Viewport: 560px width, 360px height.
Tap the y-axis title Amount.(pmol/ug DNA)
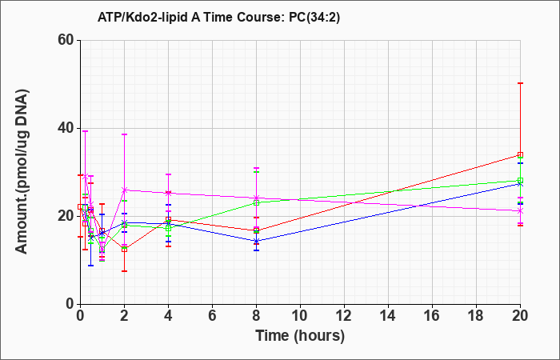point(22,171)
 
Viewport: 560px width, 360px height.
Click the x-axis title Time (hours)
point(300,336)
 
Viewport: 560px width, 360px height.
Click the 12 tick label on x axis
point(344,316)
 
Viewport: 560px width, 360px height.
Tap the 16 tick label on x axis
point(432,316)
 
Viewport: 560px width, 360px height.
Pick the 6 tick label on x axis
point(212,316)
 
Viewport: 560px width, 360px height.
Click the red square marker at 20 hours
point(520,154)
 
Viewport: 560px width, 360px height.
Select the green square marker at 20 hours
point(520,180)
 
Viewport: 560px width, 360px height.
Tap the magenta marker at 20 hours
point(520,211)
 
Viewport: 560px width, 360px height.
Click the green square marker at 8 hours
point(256,202)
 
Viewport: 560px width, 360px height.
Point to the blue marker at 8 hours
point(256,241)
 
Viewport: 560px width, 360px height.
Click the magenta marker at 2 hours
point(124,190)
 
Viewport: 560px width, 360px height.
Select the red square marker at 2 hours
point(124,250)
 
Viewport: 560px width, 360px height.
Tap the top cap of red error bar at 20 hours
point(520,83)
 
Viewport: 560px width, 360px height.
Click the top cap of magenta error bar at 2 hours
point(124,134)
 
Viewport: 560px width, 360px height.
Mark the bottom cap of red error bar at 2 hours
point(124,271)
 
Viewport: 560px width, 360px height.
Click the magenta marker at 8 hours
point(256,198)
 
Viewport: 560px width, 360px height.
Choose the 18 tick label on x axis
point(477,316)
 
